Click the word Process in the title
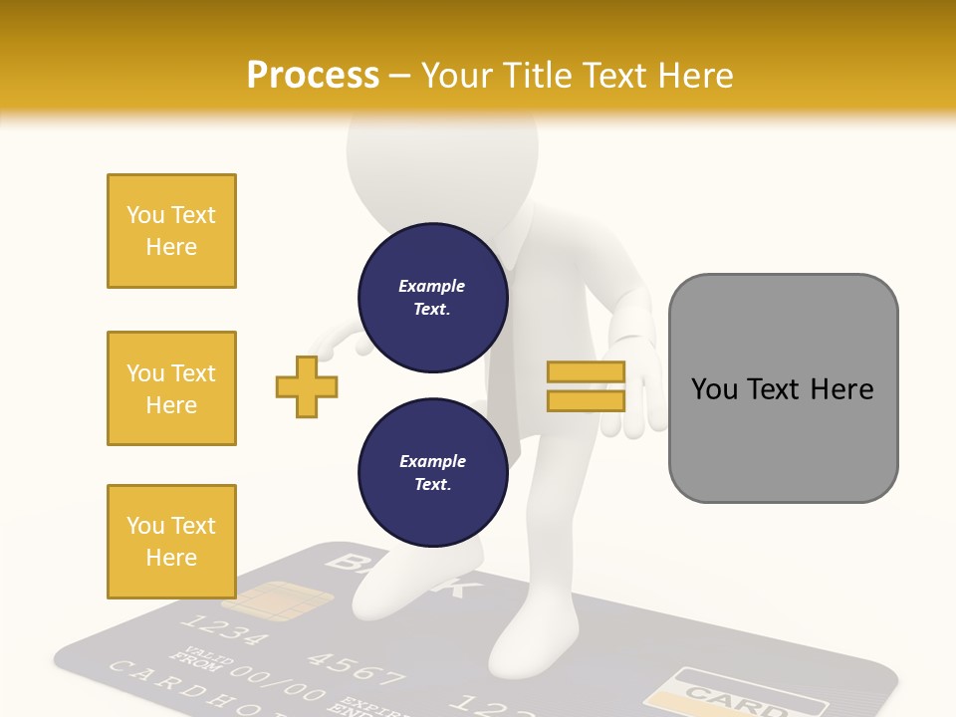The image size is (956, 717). [313, 76]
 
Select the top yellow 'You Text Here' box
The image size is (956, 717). [171, 231]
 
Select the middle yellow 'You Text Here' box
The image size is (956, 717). [171, 388]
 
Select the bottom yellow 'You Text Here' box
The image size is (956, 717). [171, 541]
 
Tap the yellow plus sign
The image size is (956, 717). [307, 386]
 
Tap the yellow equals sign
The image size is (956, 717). [586, 386]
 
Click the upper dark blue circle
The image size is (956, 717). [433, 298]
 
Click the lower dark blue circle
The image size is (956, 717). [433, 473]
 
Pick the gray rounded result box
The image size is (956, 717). [783, 388]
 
